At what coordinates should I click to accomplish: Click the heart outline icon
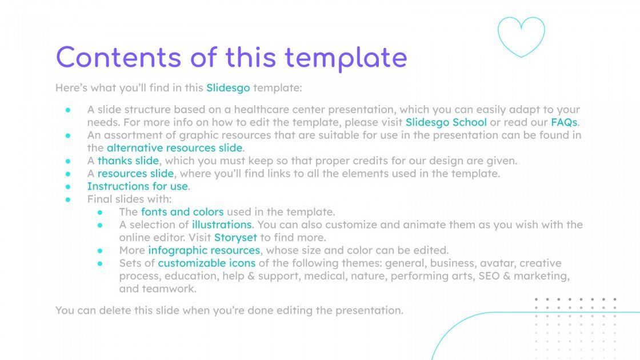point(521,37)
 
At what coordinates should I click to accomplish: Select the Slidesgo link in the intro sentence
point(228,88)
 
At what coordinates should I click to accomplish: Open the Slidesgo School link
point(446,122)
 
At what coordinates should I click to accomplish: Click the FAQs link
point(565,122)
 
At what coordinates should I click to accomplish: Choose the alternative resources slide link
point(175,148)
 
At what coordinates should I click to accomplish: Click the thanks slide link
point(128,161)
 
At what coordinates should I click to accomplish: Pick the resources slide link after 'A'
point(135,173)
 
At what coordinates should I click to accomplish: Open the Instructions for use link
point(137,186)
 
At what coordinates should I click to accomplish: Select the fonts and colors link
point(182,211)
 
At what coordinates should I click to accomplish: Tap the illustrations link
point(222,225)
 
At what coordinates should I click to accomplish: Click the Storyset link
point(235,237)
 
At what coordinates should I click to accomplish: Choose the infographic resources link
point(204,250)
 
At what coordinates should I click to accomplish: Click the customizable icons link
point(207,263)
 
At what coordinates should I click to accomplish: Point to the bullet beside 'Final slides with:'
point(68,199)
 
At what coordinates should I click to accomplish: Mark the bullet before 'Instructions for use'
point(68,186)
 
